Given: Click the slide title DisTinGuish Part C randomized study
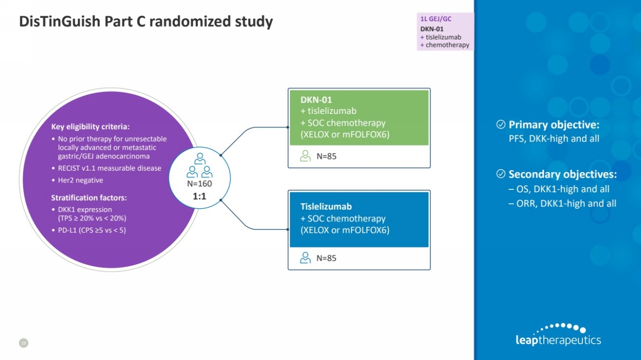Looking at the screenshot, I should click(145, 22).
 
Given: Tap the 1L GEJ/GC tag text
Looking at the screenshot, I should click(436, 19).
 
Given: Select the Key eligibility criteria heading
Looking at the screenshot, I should click(90, 126).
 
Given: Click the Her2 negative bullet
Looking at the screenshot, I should click(80, 180).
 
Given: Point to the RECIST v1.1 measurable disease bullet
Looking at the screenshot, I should click(109, 168).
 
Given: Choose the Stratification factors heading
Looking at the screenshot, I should click(89, 198).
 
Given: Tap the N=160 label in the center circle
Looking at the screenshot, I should click(200, 183).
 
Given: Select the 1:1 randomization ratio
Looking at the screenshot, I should click(200, 196).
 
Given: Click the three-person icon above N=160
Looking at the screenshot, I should click(200, 166).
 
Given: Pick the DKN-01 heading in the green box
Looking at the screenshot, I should click(316, 100).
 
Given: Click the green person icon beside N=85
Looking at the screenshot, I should click(305, 156).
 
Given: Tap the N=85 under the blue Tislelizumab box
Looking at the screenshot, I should click(326, 258).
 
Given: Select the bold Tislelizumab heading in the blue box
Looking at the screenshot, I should click(326, 207).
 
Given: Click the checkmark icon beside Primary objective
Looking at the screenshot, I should click(500, 125).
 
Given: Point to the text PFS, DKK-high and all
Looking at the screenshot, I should click(554, 139).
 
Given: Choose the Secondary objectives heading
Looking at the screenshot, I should click(562, 174).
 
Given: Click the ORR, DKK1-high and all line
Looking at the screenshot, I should click(562, 203).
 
